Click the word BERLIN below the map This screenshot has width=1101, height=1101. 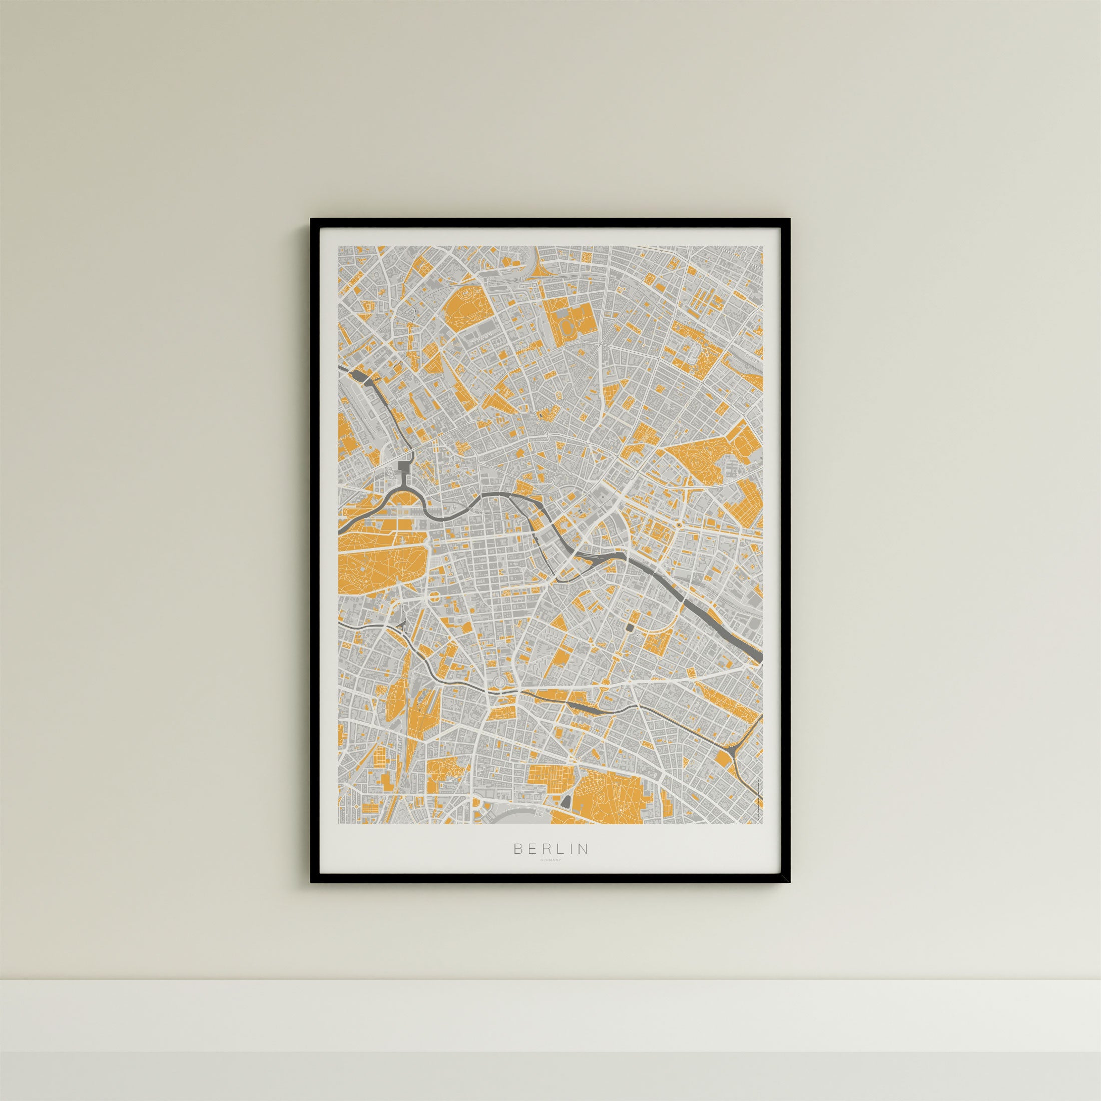pyautogui.click(x=550, y=864)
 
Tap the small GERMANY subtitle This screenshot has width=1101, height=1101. pyautogui.click(x=550, y=875)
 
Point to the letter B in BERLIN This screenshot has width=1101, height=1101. pyautogui.click(x=518, y=864)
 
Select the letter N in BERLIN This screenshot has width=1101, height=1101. pyautogui.click(x=583, y=864)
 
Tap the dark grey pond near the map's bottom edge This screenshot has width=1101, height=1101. pyautogui.click(x=566, y=801)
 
